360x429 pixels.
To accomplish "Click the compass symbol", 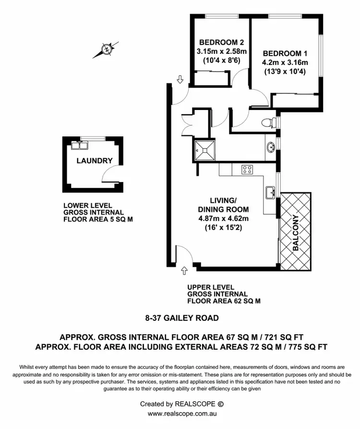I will point(106,49).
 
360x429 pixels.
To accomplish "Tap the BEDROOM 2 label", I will point(218,41).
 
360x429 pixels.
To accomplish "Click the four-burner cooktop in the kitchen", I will point(247,169).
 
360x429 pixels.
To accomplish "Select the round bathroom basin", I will point(270,146).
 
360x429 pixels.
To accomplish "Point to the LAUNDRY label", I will point(95,161).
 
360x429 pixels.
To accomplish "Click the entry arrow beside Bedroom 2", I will point(180,79).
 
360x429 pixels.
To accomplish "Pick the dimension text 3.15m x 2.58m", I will point(218,51).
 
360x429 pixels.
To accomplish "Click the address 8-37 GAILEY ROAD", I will point(182,318).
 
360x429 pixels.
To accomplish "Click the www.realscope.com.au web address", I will point(180,413).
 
